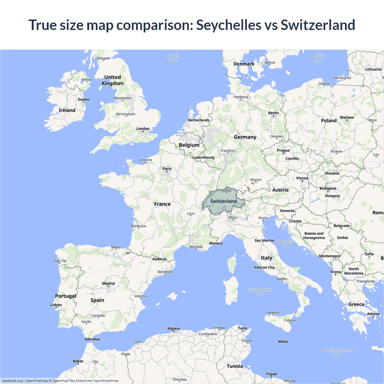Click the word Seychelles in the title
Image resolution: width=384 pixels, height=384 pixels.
229,25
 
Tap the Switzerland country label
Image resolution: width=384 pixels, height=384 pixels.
223,201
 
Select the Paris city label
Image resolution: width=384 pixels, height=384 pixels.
167,169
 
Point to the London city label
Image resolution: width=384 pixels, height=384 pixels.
143,129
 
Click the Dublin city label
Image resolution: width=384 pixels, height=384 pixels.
84,100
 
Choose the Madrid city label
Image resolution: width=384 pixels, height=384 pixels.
108,283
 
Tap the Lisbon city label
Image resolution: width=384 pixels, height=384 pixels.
56,305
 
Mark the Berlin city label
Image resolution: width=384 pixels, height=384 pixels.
273,113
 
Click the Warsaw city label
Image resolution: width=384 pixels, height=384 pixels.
347,117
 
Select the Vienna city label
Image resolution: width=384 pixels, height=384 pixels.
302,178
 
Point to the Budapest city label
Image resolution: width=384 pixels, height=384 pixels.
328,188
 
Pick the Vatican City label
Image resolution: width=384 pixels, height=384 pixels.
264,267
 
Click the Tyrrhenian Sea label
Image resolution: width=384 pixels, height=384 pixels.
260,292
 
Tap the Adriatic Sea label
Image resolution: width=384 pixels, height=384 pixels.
286,244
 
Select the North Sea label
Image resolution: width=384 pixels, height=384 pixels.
173,58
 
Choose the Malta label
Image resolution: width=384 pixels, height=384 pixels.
283,341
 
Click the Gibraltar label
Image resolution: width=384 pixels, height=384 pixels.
92,339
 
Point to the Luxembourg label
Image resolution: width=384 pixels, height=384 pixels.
203,157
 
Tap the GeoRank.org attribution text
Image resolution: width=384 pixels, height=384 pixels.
12,381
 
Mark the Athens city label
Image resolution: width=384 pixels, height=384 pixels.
373,314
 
